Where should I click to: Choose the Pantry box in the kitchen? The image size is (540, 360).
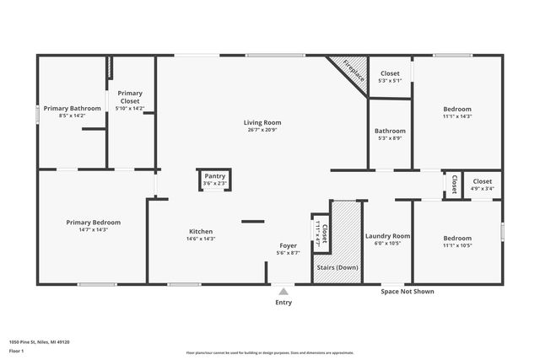click(214, 180)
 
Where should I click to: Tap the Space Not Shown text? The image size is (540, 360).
click(408, 292)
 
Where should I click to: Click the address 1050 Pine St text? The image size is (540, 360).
click(39, 342)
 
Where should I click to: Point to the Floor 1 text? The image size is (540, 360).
click(18, 350)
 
